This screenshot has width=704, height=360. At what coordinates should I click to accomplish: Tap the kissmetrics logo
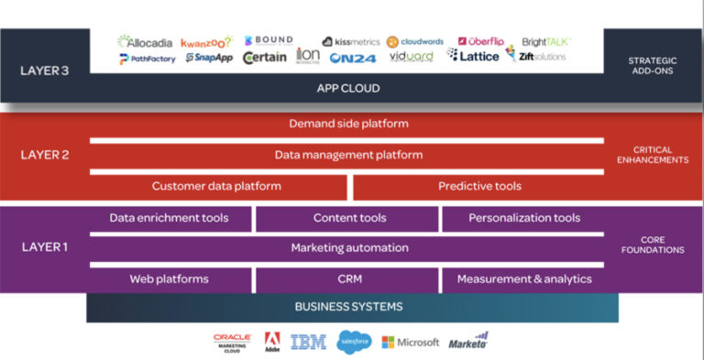click(x=350, y=41)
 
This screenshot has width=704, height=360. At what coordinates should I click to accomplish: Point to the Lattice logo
click(x=473, y=57)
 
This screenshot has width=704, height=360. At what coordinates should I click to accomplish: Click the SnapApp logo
click(x=209, y=58)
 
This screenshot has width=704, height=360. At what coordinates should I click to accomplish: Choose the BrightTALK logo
click(x=545, y=41)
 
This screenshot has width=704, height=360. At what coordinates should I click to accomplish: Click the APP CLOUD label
click(x=347, y=89)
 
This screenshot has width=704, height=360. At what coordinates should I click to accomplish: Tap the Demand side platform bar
click(x=347, y=124)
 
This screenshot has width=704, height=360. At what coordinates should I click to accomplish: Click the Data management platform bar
click(x=347, y=155)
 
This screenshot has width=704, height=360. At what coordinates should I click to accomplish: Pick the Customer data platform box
click(x=216, y=186)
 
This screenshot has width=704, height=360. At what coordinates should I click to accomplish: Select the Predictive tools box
click(x=478, y=186)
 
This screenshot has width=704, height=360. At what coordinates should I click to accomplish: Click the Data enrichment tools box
click(x=169, y=218)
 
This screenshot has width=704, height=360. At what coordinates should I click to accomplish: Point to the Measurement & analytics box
click(x=523, y=278)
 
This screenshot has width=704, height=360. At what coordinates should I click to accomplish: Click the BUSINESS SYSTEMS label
click(x=347, y=307)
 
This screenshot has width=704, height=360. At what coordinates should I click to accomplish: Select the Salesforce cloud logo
click(x=353, y=342)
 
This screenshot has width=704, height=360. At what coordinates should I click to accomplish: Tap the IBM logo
click(x=308, y=342)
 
